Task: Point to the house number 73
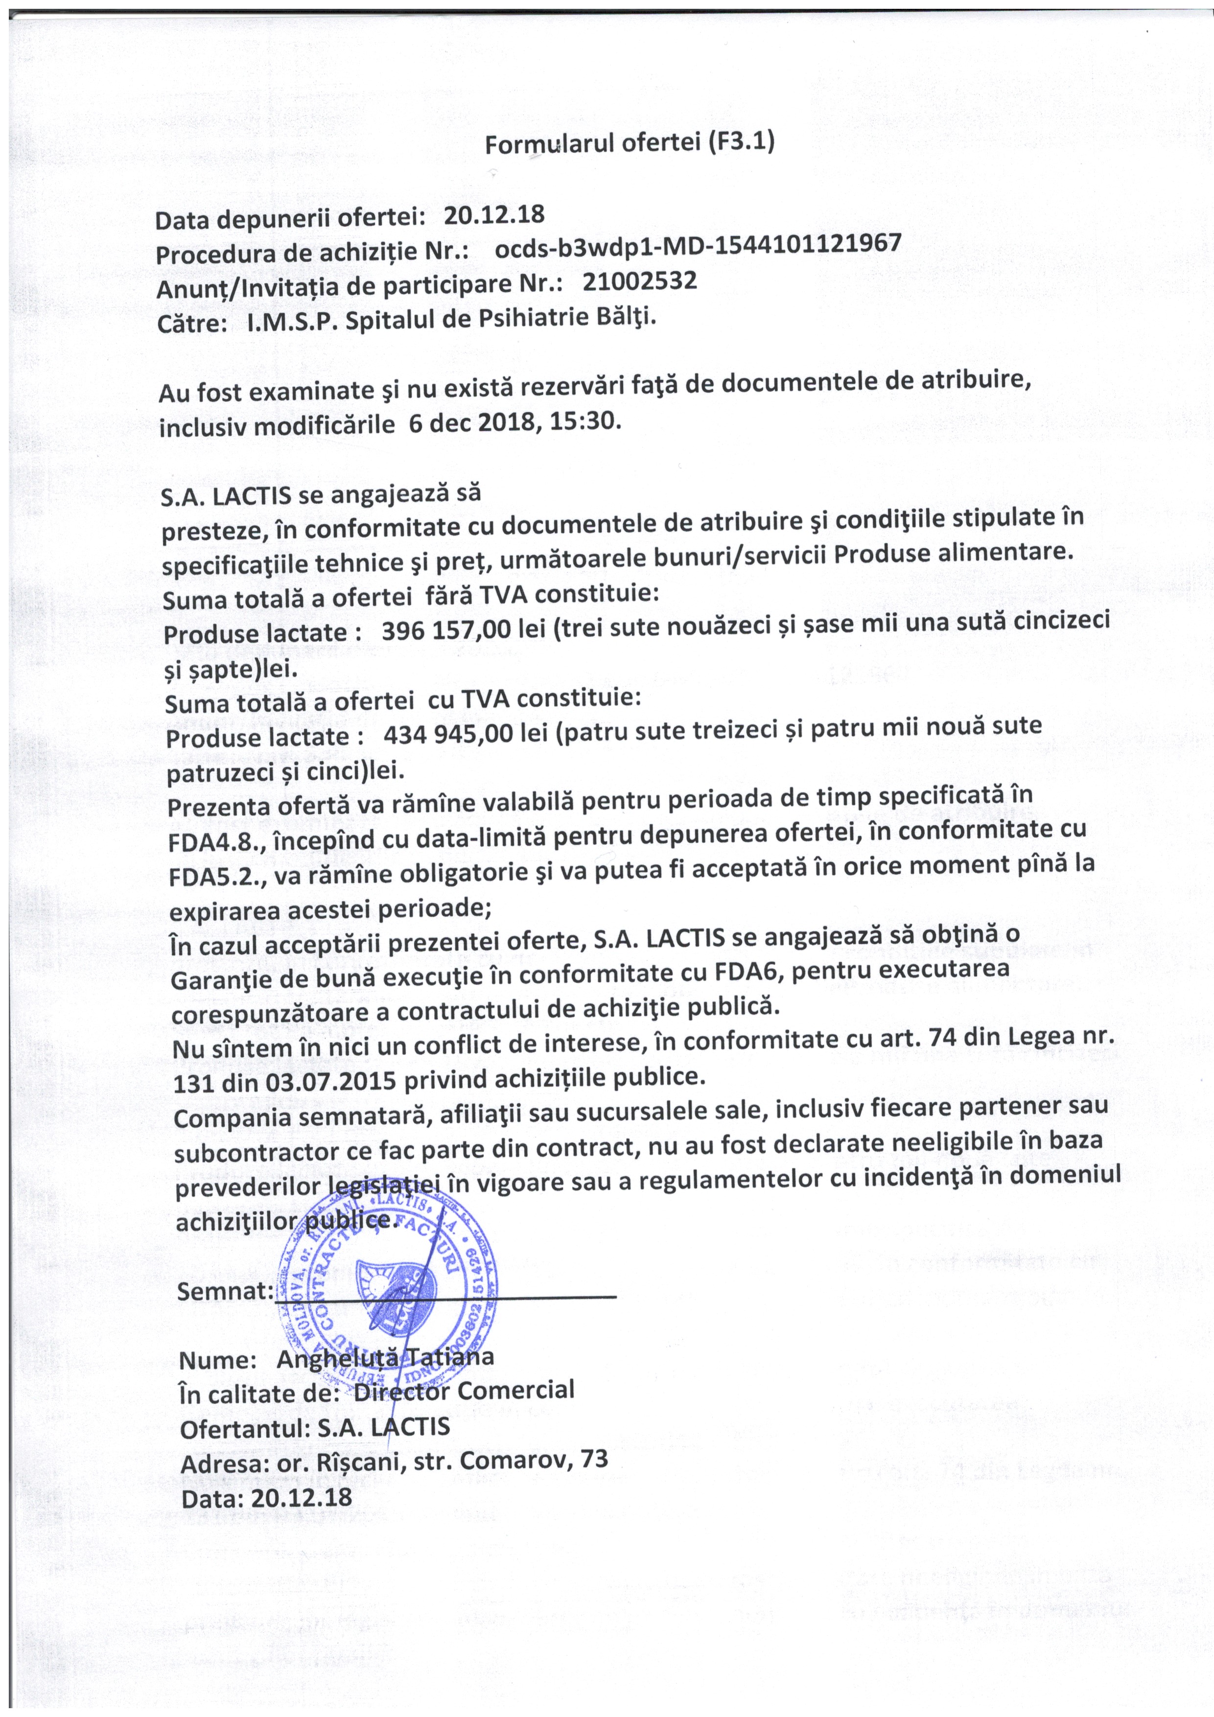[x=593, y=1459]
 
